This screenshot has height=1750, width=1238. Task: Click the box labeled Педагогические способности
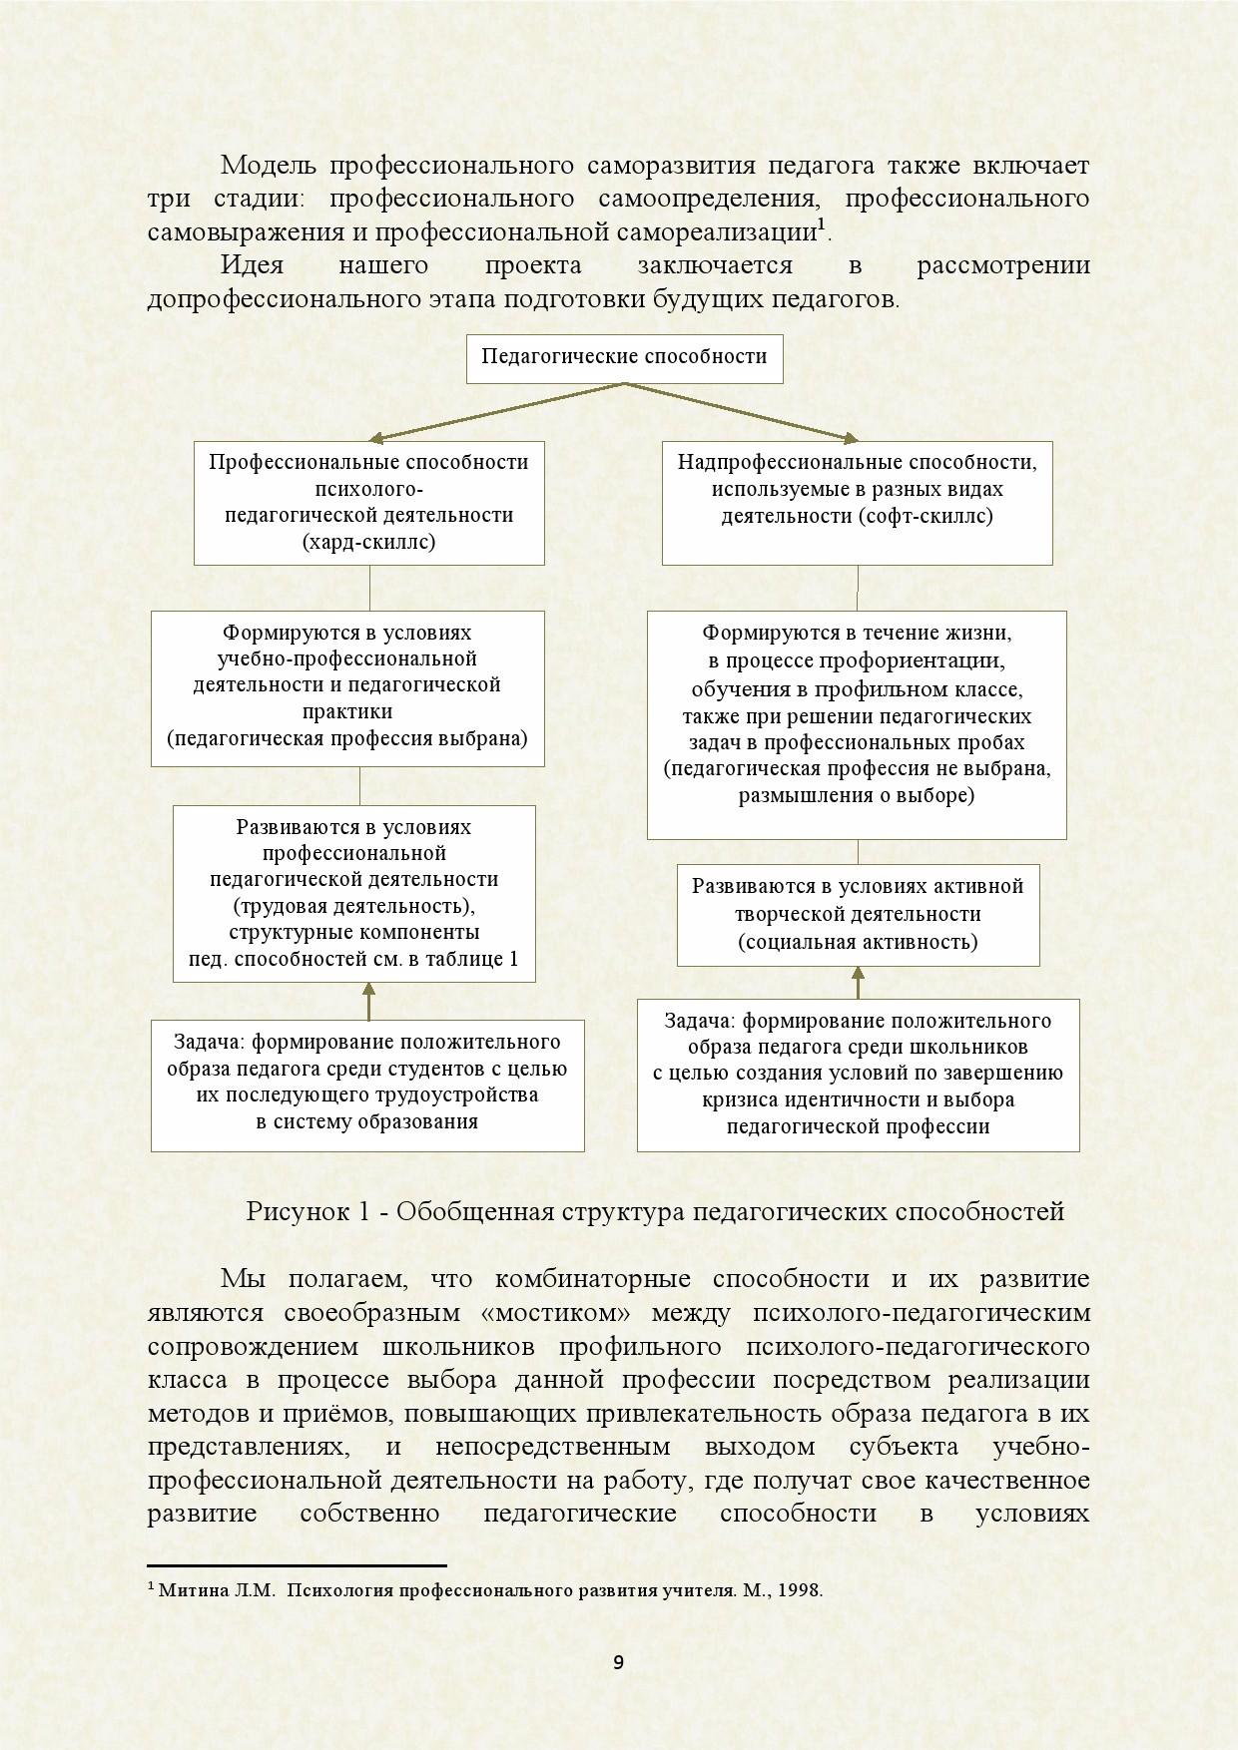click(x=624, y=358)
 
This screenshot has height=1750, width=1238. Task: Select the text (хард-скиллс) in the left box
click(x=369, y=542)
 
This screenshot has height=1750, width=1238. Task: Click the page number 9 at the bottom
click(x=618, y=1661)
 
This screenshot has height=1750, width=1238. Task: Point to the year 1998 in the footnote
click(x=800, y=1590)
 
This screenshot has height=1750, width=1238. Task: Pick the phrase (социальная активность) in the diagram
click(x=858, y=941)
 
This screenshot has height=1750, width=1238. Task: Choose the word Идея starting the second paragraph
click(x=252, y=265)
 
